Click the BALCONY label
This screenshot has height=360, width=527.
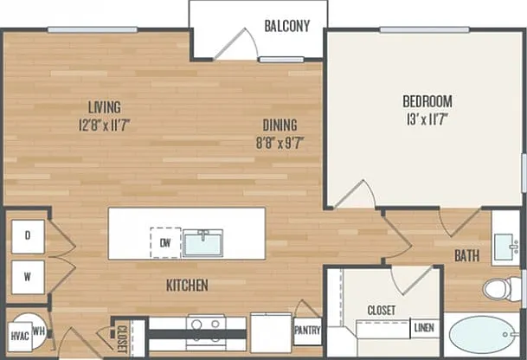(287, 26)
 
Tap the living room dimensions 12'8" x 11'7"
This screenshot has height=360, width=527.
(104, 125)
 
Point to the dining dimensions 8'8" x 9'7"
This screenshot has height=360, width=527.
(280, 143)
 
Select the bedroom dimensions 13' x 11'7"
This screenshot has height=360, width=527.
(427, 119)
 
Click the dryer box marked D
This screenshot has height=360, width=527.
(28, 236)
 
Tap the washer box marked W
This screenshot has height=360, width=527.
(28, 277)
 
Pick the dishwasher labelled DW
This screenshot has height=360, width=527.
(165, 242)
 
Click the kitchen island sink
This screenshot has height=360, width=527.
(203, 243)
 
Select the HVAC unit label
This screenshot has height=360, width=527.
(20, 336)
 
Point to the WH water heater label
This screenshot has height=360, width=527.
(39, 331)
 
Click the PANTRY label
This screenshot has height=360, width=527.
(307, 331)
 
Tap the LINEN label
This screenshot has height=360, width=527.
(424, 327)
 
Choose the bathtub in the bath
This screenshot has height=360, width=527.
(482, 334)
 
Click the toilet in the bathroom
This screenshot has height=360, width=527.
(498, 288)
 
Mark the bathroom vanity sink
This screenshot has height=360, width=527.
(506, 247)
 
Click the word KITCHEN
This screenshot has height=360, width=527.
(187, 286)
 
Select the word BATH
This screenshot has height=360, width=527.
(466, 256)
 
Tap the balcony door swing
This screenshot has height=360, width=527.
(236, 44)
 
